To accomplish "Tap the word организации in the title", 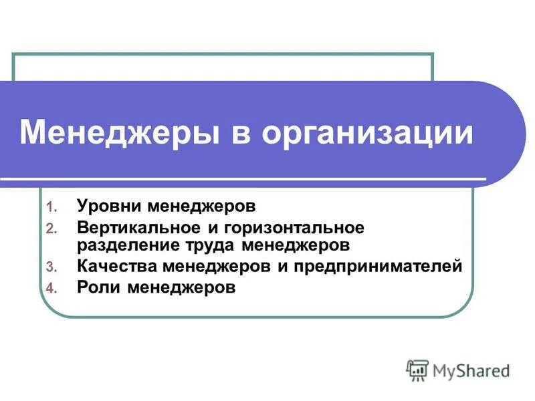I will pyautogui.click(x=367, y=133).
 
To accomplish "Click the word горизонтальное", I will pyautogui.click(x=298, y=227).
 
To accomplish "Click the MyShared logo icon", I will pyautogui.click(x=417, y=369).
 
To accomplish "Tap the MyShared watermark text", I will pyautogui.click(x=471, y=370).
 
